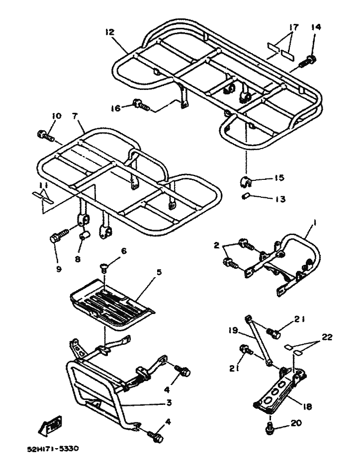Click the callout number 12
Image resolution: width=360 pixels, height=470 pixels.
(x=110, y=32)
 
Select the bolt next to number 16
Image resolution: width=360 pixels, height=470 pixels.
(x=140, y=105)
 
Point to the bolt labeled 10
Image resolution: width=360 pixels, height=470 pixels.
(x=44, y=134)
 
